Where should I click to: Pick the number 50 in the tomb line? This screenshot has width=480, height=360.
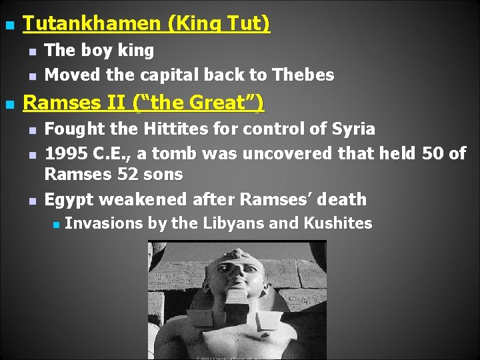tap(433, 153)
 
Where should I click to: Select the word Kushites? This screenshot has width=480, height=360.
tap(338, 223)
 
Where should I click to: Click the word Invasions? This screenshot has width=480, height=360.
tap(104, 223)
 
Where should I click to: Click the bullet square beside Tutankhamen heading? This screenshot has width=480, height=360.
tap(9, 26)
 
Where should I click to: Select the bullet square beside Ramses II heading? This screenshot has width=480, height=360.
tap(9, 105)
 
